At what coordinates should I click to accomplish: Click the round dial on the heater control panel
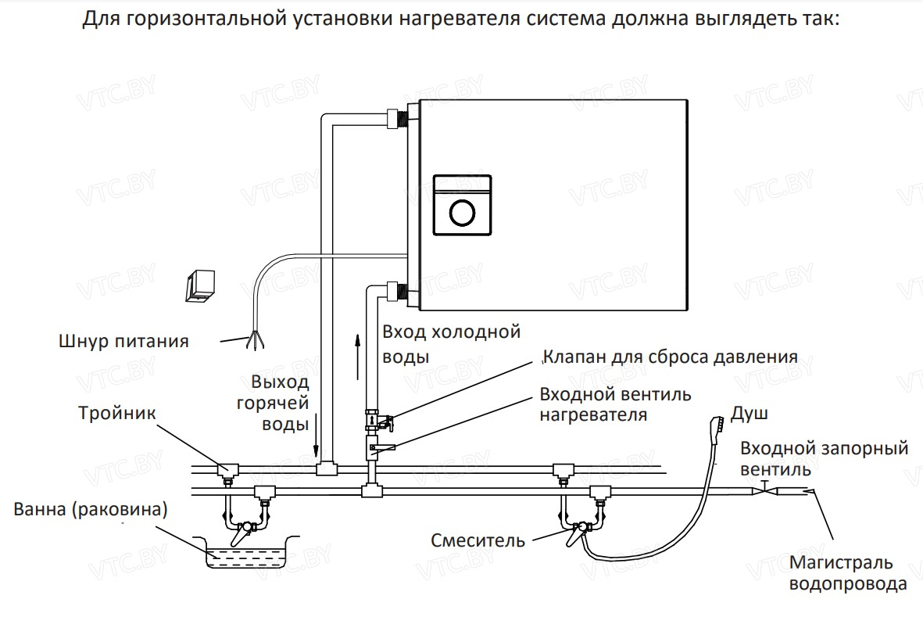tap(462, 212)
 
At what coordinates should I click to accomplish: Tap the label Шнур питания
tap(124, 341)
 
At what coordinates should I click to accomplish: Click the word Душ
tap(749, 413)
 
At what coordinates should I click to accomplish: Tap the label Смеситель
tap(478, 540)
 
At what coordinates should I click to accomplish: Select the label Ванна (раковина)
tap(91, 510)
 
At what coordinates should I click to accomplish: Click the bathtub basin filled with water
tap(248, 555)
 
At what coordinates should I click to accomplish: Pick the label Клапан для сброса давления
tap(671, 357)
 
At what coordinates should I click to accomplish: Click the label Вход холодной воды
tap(451, 344)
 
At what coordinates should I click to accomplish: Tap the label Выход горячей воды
tap(281, 404)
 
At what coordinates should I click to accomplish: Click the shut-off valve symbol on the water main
tap(764, 490)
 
